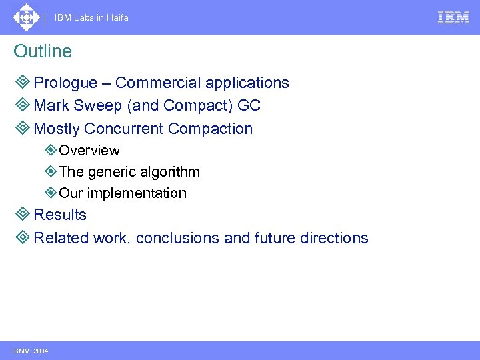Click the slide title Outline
[43, 51]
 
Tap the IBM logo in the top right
[453, 17]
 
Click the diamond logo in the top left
[26, 17]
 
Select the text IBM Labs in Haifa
[92, 18]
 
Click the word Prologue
[65, 83]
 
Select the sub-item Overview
[89, 151]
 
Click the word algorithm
[171, 172]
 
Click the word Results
[60, 215]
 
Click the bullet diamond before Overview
[51, 151]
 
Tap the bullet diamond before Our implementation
[51, 193]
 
